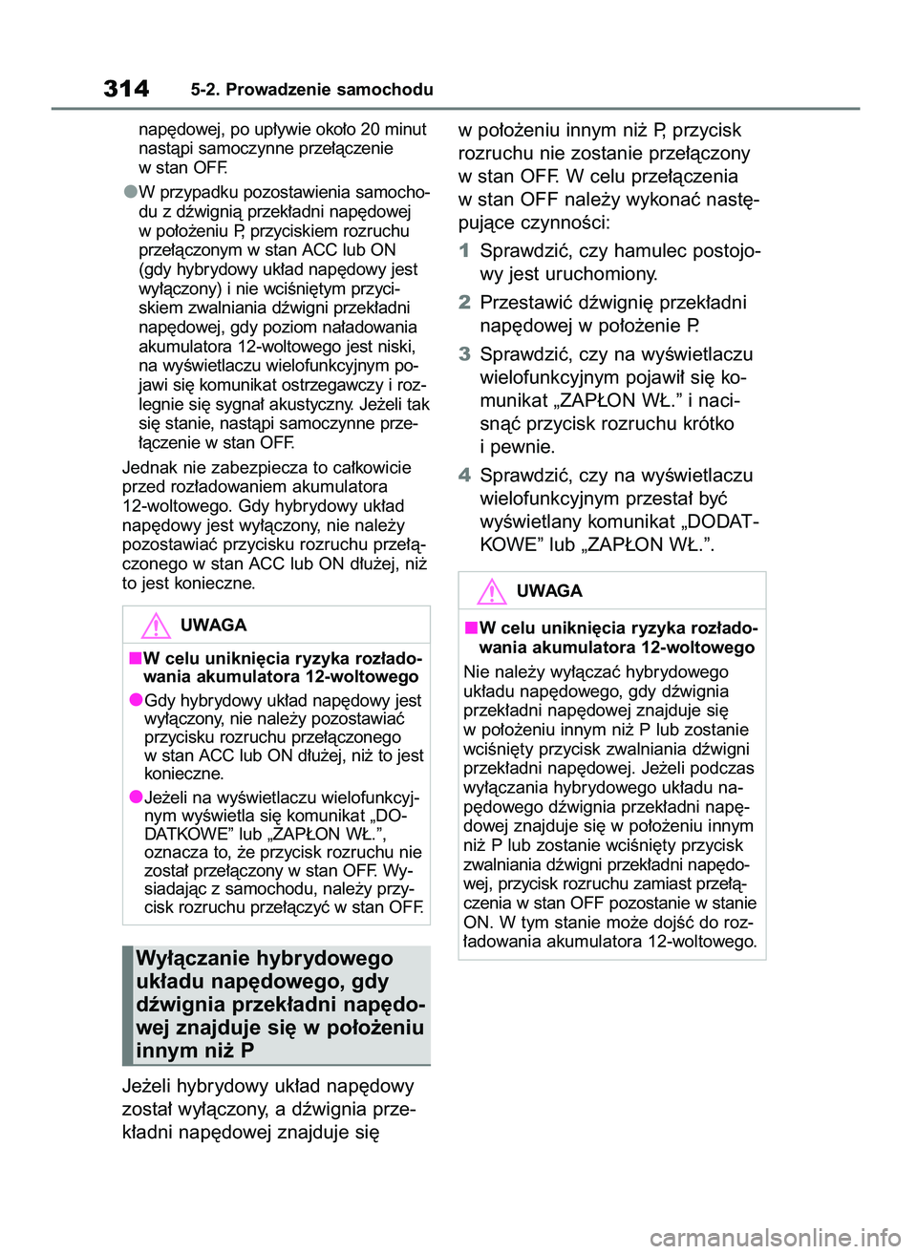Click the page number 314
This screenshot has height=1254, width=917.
click(126, 89)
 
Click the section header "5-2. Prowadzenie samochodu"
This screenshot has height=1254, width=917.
click(311, 90)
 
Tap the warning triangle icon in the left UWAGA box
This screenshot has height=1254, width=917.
click(155, 627)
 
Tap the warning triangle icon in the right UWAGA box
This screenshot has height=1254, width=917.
click(491, 592)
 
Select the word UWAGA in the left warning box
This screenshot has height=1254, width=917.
click(213, 626)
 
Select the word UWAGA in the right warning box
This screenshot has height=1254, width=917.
click(549, 591)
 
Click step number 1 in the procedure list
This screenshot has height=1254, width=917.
click(464, 251)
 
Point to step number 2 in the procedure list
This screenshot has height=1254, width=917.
click(464, 303)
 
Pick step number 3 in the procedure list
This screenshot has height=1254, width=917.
click(464, 354)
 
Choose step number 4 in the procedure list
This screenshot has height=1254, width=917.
click(464, 476)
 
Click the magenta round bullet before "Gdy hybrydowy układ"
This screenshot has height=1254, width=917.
click(136, 700)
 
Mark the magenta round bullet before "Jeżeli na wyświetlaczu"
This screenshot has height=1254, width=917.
click(136, 797)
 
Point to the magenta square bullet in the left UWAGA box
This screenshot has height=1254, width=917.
click(136, 658)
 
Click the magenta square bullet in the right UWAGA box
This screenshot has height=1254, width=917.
click(471, 627)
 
